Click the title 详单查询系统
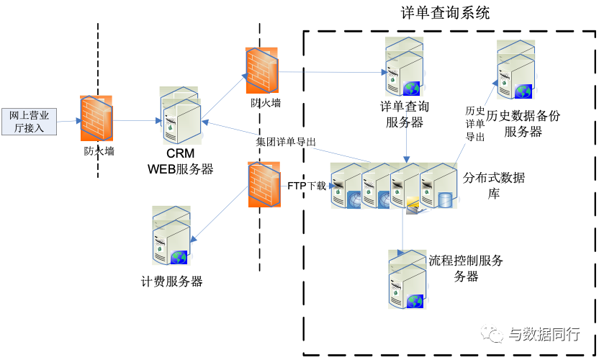point(445,13)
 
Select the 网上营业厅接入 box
point(30,121)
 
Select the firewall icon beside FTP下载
point(263,185)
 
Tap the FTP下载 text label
point(307,186)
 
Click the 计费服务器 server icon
point(171,238)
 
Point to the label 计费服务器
point(172,282)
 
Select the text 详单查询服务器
point(405,114)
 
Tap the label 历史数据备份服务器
point(523,123)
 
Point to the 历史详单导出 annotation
point(474,123)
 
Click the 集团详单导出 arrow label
point(286,141)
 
